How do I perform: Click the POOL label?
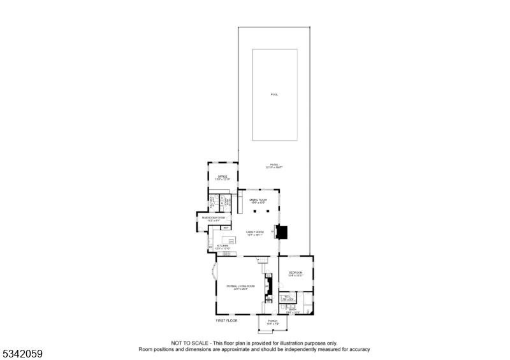click(x=274, y=95)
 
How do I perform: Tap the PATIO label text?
click(x=274, y=165)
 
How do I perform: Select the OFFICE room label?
click(x=222, y=176)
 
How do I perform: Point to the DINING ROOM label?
click(x=258, y=200)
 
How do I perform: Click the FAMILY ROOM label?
click(x=255, y=233)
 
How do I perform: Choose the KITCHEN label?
click(x=222, y=246)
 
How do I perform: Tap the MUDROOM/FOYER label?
click(x=214, y=218)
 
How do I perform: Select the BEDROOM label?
click(x=295, y=273)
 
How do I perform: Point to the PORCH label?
click(x=272, y=321)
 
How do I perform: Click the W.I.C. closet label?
click(x=288, y=296)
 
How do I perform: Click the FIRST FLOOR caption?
click(x=227, y=320)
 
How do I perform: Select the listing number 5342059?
click(x=22, y=352)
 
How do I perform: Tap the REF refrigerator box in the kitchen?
click(x=226, y=227)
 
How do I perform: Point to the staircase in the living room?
click(x=261, y=259)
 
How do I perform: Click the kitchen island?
click(x=228, y=240)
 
